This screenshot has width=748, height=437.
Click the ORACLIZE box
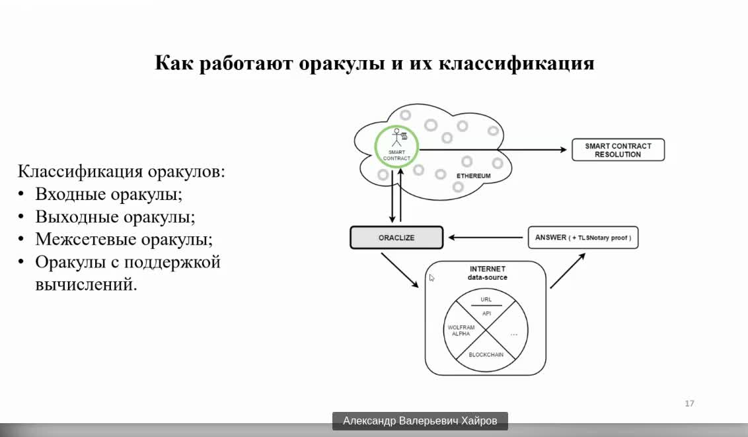pos(396,238)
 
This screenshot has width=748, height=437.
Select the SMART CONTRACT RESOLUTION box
pos(618,150)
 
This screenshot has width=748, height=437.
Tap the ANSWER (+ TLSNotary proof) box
pos(583,238)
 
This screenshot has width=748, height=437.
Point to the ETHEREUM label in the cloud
pos(473,176)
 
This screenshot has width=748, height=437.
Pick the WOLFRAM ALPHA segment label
pos(461,331)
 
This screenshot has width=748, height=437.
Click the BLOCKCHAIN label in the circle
pos(486,354)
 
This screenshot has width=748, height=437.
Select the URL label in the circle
pos(486,299)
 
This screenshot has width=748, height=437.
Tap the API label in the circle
pos(486,314)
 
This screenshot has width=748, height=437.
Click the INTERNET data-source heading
pos(487,273)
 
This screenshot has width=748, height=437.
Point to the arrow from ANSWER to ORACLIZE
pos(486,238)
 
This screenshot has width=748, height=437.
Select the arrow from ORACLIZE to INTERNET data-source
pos(400,270)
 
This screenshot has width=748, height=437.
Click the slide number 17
pos(689,403)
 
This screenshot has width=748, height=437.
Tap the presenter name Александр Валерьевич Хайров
pos(420,420)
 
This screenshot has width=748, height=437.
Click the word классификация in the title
pos(516,63)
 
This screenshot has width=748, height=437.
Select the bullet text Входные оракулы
pos(109,194)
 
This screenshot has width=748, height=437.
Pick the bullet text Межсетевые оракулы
pos(124,239)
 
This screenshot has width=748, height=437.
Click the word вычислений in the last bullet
pos(86,285)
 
